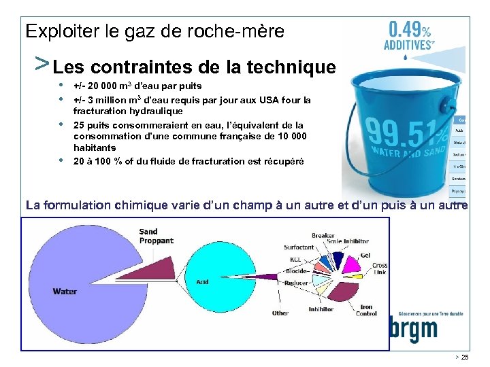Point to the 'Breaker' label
[323, 235]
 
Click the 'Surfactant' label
[299, 247]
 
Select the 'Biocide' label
[297, 270]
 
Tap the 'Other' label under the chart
[280, 313]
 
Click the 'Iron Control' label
[366, 310]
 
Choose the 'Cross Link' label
[380, 268]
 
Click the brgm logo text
[413, 330]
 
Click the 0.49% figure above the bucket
[408, 31]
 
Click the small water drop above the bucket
[406, 58]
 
